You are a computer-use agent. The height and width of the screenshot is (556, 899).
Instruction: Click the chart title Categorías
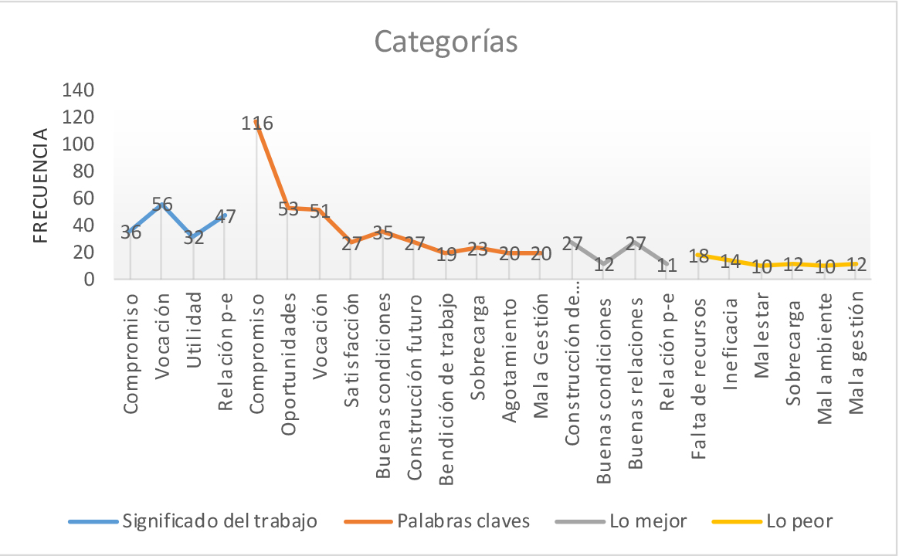coord(446,42)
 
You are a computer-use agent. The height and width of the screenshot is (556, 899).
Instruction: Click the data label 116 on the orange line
coord(256,123)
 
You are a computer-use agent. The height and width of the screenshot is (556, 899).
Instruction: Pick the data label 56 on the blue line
coord(161,204)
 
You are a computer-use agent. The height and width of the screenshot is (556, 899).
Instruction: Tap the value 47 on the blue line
coord(225,216)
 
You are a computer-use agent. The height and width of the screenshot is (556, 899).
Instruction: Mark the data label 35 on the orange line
coord(382,232)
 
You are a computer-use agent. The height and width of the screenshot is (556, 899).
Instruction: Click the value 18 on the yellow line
coord(699,256)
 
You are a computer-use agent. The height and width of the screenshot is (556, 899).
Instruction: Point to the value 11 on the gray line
coord(667,265)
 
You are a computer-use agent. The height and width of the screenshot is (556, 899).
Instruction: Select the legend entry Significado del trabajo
coord(219,521)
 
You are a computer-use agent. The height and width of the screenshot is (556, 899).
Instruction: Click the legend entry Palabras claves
coord(463,521)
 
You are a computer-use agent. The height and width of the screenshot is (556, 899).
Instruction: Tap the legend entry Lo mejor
coord(647,521)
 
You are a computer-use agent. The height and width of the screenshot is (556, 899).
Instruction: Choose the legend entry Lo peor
coord(799,521)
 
